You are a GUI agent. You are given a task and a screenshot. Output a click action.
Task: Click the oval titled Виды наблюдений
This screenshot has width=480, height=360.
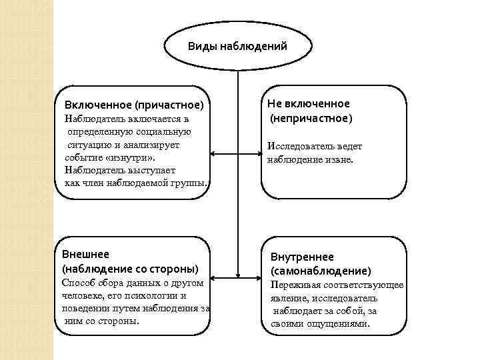coord(237,46)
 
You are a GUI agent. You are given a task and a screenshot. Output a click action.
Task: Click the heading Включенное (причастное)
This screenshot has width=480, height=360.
coord(134,105)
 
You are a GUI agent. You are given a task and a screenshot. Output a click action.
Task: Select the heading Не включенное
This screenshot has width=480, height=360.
coord(308,104)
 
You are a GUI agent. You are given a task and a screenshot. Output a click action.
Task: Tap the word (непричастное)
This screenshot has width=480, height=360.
coord(311,118)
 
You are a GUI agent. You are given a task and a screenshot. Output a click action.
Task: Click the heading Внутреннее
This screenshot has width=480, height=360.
coord(302,257)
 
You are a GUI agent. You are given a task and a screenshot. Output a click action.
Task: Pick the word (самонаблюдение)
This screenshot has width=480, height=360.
coord(320,271)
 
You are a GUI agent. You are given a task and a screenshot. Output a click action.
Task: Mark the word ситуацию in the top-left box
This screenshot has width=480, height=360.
coord(87,144)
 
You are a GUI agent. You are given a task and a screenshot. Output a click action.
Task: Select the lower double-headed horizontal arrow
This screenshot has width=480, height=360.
coord(237,275)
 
